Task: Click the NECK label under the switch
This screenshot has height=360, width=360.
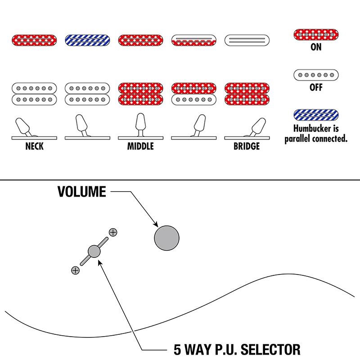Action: pos(35,146)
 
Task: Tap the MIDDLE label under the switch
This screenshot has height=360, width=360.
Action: pos(140,146)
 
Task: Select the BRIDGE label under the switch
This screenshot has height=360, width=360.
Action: pos(246,146)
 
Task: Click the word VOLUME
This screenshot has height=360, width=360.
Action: pos(81,192)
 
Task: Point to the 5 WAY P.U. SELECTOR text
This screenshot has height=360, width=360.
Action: pos(237,349)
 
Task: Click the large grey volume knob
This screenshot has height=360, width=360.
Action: pos(166,237)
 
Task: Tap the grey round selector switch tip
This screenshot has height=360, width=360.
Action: pos(94,251)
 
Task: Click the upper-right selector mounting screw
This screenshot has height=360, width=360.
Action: pos(113,232)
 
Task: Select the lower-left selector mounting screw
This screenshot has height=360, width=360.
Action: pos(75,270)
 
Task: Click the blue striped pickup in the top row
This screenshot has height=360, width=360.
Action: pos(88,40)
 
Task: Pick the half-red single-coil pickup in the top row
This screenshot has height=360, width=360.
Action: pos(193,40)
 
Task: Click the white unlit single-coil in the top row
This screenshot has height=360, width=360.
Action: pos(247,40)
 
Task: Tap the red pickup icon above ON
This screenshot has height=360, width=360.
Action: pos(316,34)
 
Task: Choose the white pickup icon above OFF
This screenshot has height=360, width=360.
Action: pos(316,75)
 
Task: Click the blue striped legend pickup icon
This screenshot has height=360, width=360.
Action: pos(316,115)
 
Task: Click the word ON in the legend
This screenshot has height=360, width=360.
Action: pos(316,47)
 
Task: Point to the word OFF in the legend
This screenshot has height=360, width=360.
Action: pos(316,87)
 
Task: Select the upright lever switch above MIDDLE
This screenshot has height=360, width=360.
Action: pos(140,125)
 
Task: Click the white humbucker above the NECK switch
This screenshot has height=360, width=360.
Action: pos(35,93)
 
